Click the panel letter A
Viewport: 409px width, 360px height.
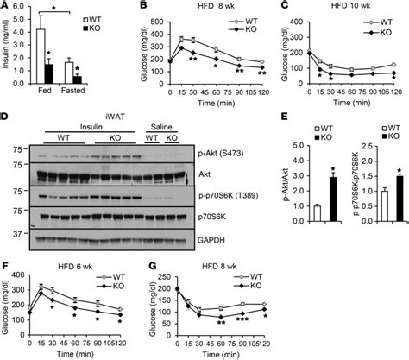click(6, 7)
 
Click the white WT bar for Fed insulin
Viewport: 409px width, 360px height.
click(40, 57)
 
